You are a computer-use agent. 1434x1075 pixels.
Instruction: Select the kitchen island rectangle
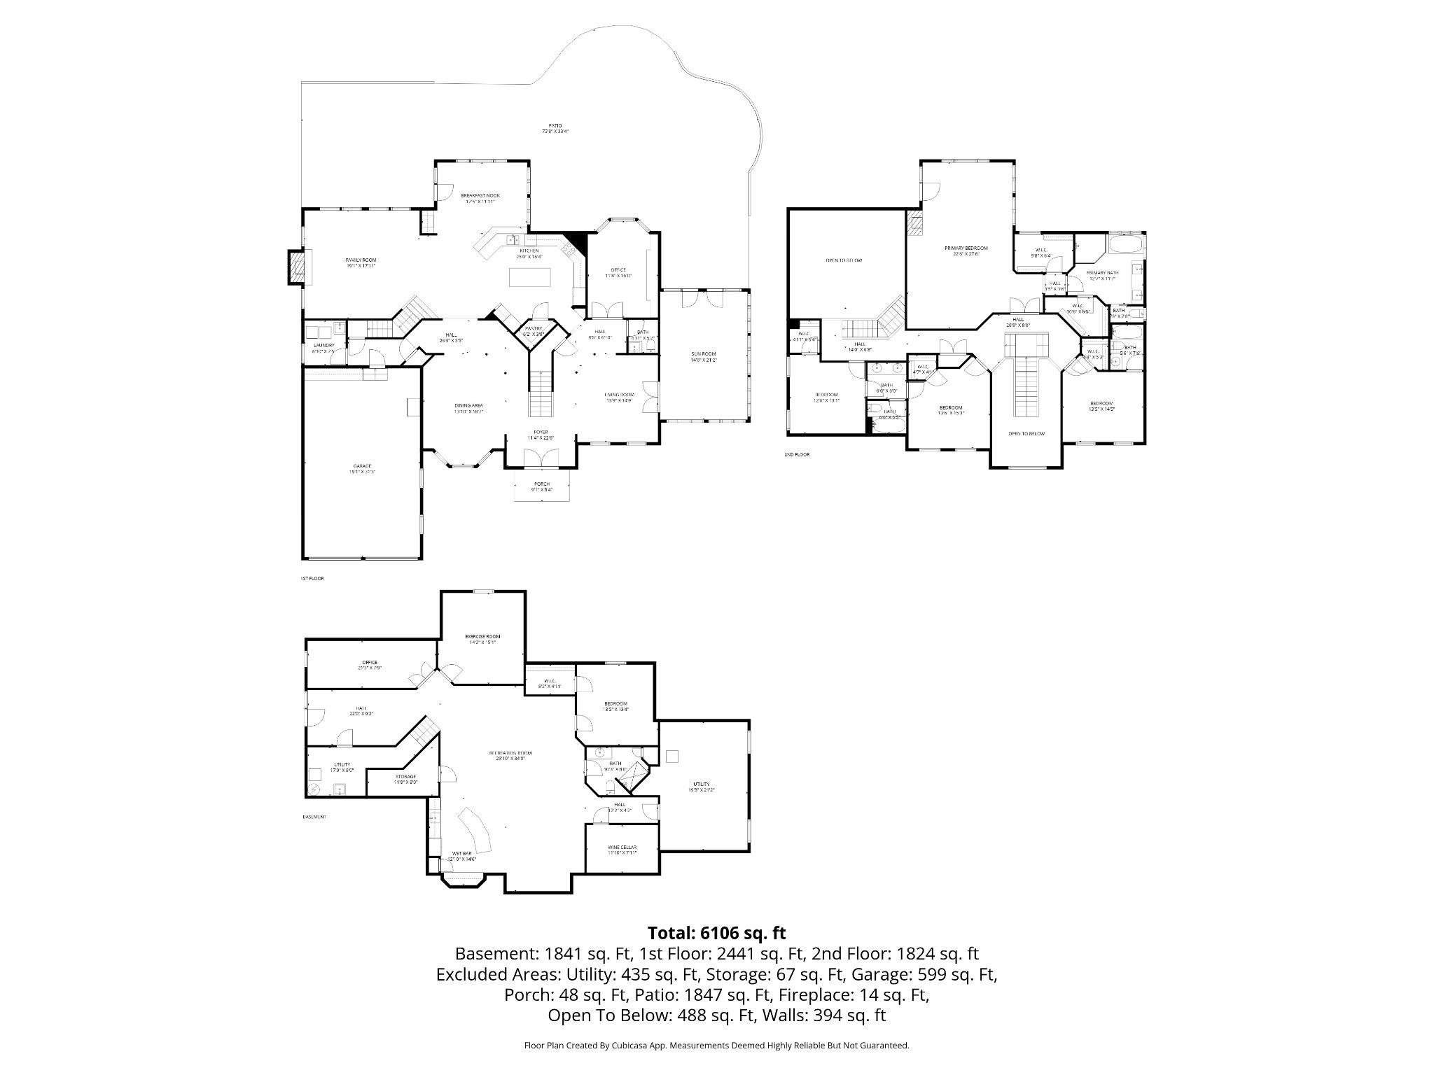click(x=529, y=277)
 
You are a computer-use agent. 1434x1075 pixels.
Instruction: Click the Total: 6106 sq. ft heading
click(x=716, y=933)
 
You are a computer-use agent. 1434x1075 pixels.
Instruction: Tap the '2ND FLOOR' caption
click(x=797, y=454)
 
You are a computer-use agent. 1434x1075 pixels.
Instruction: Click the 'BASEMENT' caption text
click(x=314, y=817)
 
